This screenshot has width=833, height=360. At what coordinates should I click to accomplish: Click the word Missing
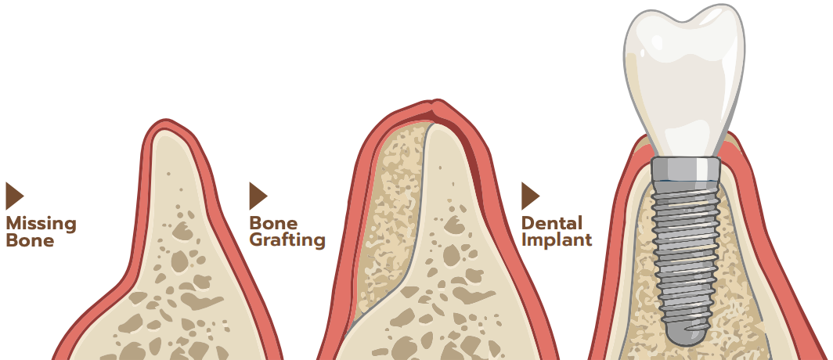tap(41, 224)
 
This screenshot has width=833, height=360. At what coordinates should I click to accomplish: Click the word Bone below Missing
tap(30, 240)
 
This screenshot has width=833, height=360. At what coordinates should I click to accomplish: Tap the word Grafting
tap(287, 240)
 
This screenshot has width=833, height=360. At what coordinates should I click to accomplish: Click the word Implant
tap(556, 239)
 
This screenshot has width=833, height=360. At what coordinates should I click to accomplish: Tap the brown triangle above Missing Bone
tap(14, 196)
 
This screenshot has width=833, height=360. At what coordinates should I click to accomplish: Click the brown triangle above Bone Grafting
tap(258, 196)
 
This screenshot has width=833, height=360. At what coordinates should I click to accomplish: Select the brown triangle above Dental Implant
tap(530, 196)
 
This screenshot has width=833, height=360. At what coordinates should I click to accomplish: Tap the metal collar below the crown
tap(685, 169)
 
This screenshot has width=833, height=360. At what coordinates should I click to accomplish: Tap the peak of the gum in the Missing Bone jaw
tap(166, 121)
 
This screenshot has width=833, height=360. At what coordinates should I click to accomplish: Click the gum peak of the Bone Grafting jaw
tap(436, 101)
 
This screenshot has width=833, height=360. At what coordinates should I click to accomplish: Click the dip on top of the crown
tap(683, 20)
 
